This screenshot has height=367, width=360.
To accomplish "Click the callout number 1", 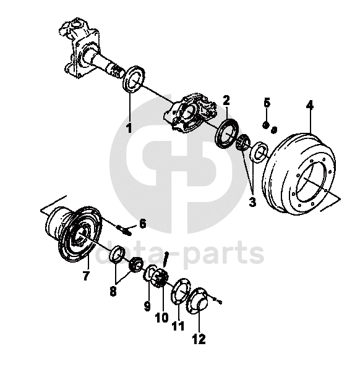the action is pyautogui.click(x=129, y=128).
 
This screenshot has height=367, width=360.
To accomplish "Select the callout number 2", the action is pyautogui.click(x=226, y=100).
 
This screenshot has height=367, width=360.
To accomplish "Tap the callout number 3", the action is pyautogui.click(x=252, y=202).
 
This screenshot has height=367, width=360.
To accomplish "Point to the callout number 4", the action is pyautogui.click(x=310, y=106).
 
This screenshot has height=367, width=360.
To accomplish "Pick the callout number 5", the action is pyautogui.click(x=267, y=103).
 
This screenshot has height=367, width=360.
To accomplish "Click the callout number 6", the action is pyautogui.click(x=142, y=224).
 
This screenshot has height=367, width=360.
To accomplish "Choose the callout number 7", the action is pyautogui.click(x=86, y=276).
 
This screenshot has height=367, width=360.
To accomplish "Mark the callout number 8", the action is pyautogui.click(x=113, y=292).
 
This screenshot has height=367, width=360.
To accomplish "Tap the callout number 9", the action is pyautogui.click(x=147, y=306).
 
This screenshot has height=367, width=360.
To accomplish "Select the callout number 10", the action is pyautogui.click(x=162, y=318).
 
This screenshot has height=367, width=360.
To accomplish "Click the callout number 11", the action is pyautogui.click(x=178, y=326).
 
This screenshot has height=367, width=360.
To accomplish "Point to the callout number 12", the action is pyautogui.click(x=199, y=339).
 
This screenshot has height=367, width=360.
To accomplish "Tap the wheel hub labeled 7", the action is pyautogui.click(x=74, y=234).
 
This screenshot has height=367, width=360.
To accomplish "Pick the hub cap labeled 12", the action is pyautogui.click(x=197, y=301).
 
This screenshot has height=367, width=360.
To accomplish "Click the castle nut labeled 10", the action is pyautogui.click(x=160, y=277).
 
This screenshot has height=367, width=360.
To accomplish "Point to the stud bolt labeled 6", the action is pyautogui.click(x=124, y=229).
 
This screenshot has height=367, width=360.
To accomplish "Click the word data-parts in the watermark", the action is pyautogui.click(x=180, y=254).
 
